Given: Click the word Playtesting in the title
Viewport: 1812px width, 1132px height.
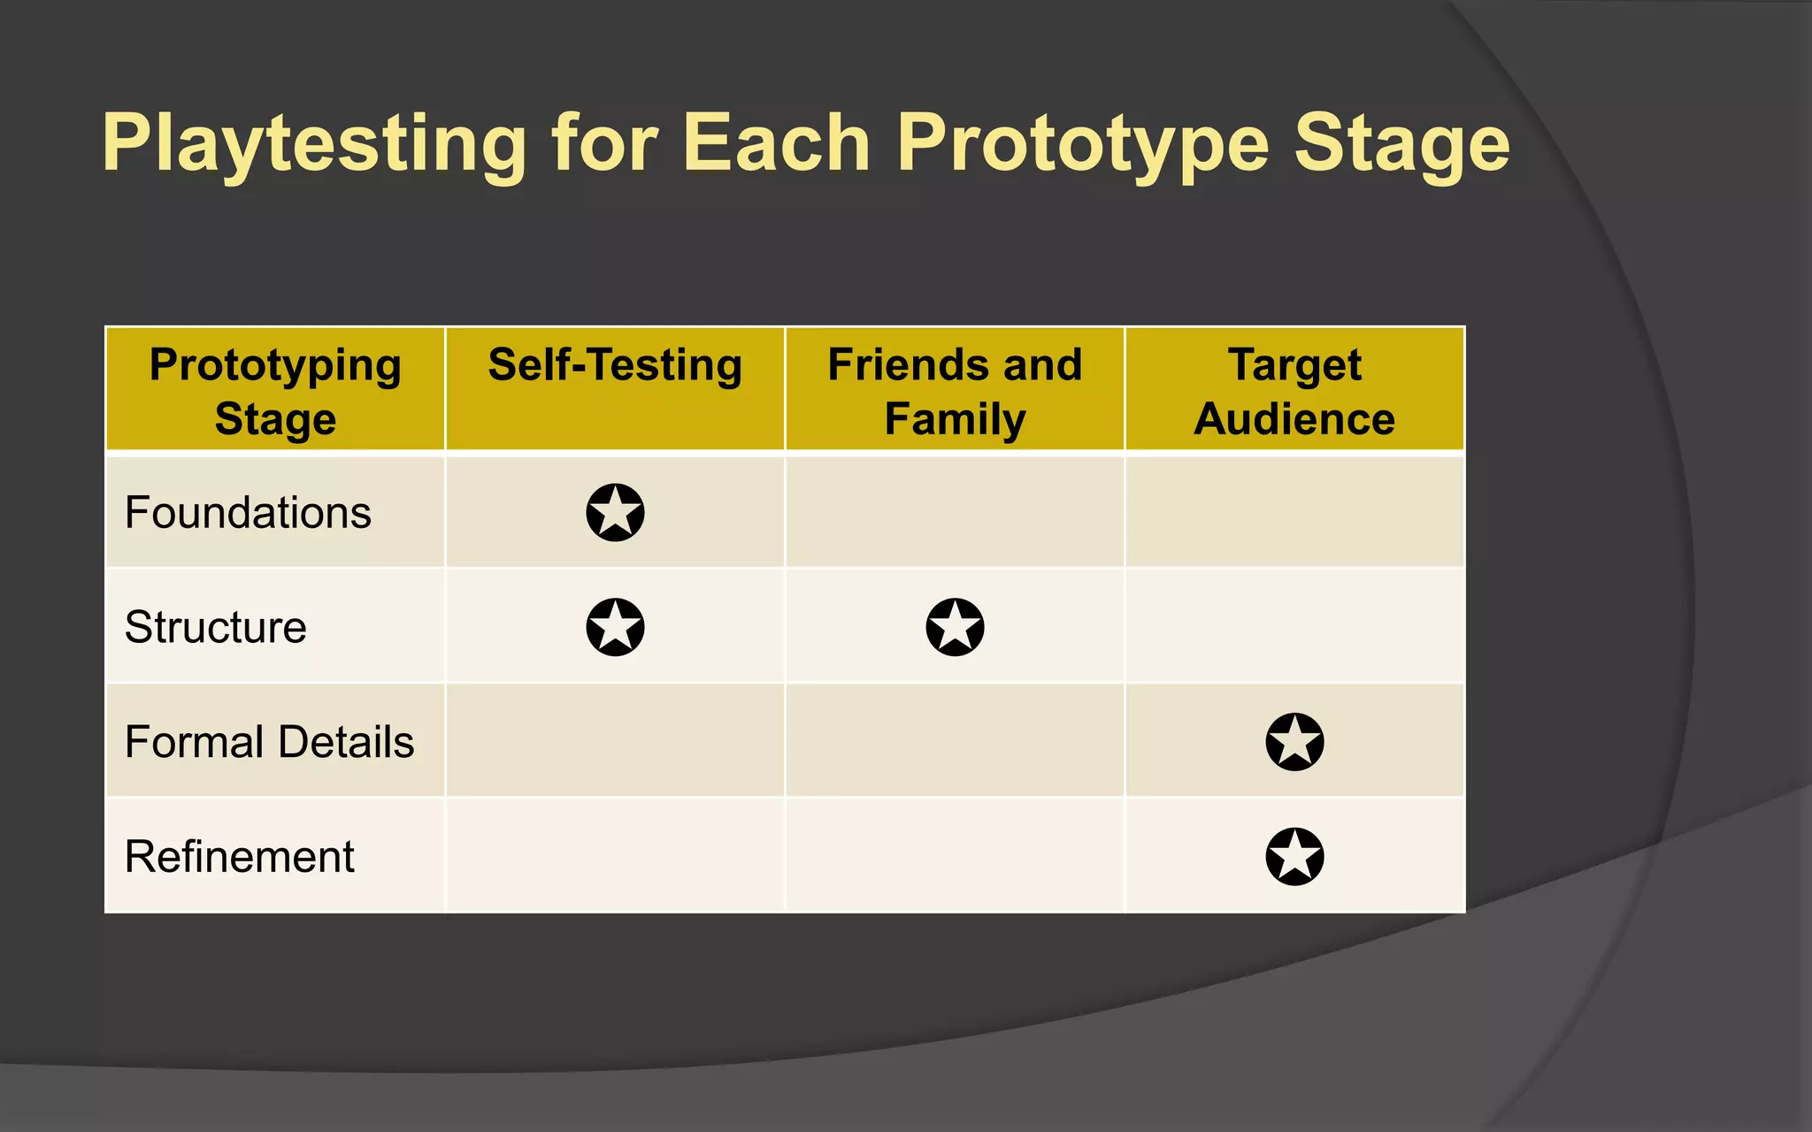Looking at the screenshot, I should [314, 145].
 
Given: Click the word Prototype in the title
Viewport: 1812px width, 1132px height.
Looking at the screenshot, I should [1083, 145].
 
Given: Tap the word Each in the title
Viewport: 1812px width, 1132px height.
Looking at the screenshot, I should [776, 143].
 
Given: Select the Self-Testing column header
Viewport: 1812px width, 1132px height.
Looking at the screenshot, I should [615, 365].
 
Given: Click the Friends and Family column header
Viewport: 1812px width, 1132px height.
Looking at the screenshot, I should [955, 391].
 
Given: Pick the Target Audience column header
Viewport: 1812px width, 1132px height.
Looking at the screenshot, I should [1294, 391].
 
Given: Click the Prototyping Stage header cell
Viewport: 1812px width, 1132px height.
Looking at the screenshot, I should [275, 391].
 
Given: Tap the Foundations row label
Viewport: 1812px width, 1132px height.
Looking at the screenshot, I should [248, 513].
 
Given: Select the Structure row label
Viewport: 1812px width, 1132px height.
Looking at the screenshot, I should [216, 627].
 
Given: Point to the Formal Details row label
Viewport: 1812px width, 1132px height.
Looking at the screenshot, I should [269, 742].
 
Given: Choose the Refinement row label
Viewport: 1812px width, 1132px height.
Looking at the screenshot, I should [239, 857].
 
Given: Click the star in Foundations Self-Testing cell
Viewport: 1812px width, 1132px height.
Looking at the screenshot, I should [615, 513].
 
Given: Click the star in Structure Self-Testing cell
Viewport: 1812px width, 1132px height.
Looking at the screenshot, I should [615, 627].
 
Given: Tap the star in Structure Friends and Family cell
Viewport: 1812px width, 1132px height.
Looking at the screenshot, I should [955, 627].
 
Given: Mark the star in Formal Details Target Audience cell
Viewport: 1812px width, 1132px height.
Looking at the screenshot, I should [1294, 742].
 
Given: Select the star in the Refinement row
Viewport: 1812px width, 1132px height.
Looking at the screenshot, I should [1294, 857].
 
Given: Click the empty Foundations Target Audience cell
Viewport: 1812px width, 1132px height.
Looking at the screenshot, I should [1294, 513].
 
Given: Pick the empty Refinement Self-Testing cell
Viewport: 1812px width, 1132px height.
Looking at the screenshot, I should [615, 857].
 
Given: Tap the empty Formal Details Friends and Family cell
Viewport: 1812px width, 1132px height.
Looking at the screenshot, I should [955, 742].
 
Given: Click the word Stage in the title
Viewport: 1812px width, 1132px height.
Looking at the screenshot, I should [1401, 145].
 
